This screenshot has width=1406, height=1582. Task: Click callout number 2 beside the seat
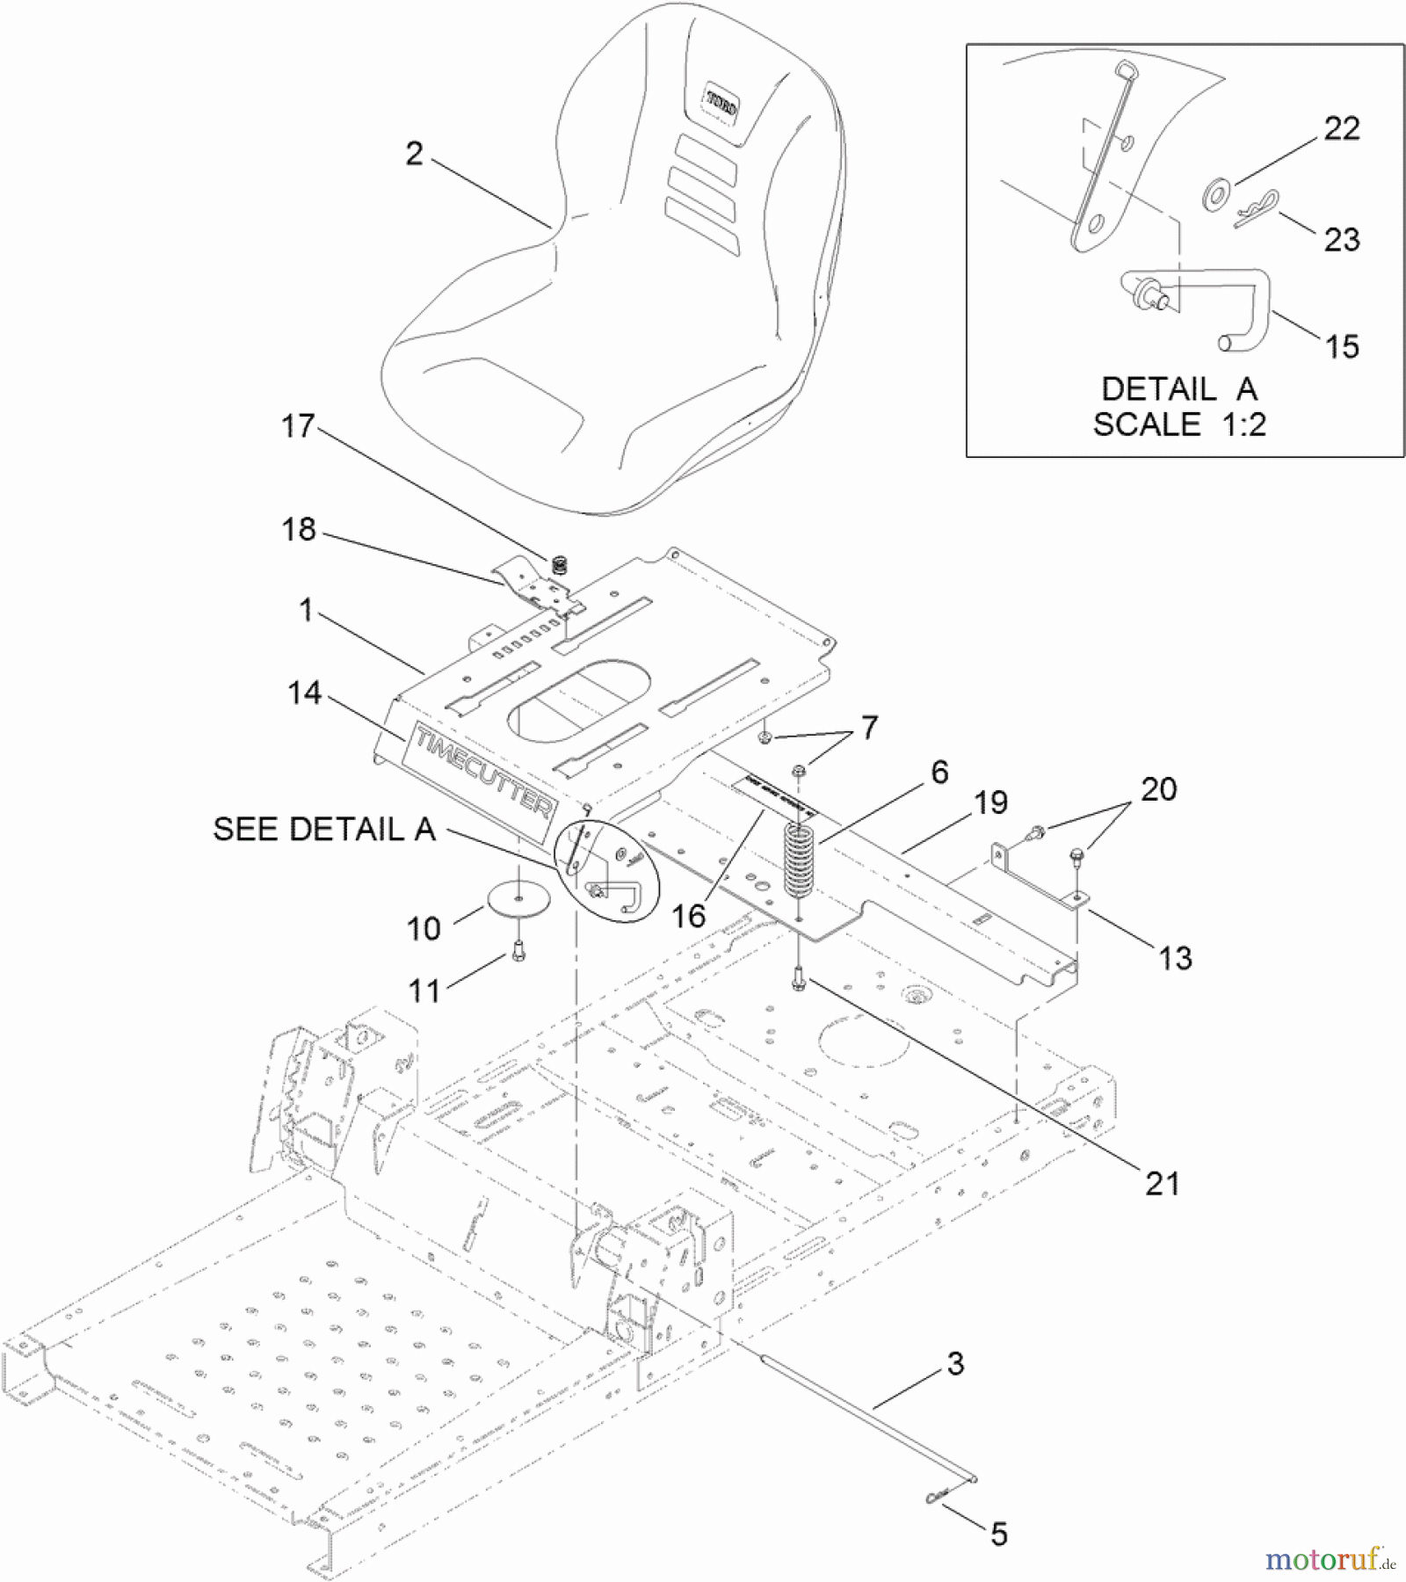tap(414, 155)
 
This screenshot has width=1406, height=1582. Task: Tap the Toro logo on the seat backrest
tap(722, 103)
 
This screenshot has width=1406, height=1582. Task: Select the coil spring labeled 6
tap(800, 861)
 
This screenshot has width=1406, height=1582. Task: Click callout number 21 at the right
tap(1162, 1184)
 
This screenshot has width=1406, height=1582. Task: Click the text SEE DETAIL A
tap(324, 829)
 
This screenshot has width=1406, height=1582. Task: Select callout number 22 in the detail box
tap(1341, 129)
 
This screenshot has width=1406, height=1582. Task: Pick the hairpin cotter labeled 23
tap(1257, 211)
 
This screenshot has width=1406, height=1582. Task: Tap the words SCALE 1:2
tap(1178, 425)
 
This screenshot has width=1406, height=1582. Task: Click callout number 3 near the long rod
tap(955, 1363)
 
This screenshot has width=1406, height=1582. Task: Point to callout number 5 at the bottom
tap(998, 1535)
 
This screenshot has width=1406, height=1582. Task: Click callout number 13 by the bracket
tap(1175, 958)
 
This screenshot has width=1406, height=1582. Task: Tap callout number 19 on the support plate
tap(990, 802)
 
